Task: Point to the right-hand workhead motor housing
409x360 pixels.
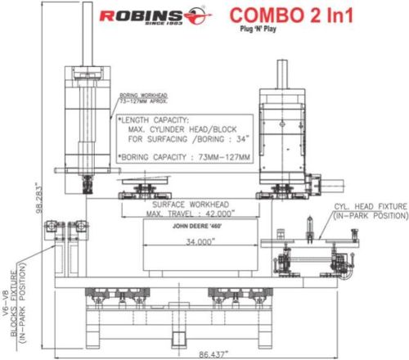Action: tap(282, 131)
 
